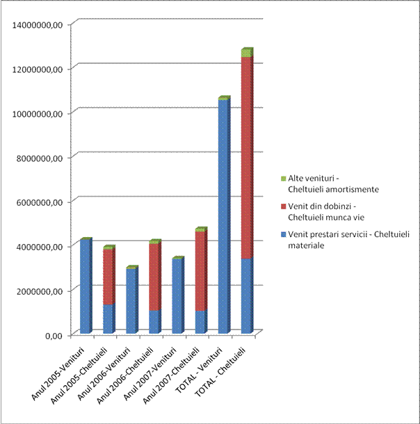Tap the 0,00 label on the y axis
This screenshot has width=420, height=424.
[53, 335]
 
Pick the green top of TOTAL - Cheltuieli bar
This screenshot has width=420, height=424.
[246, 53]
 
